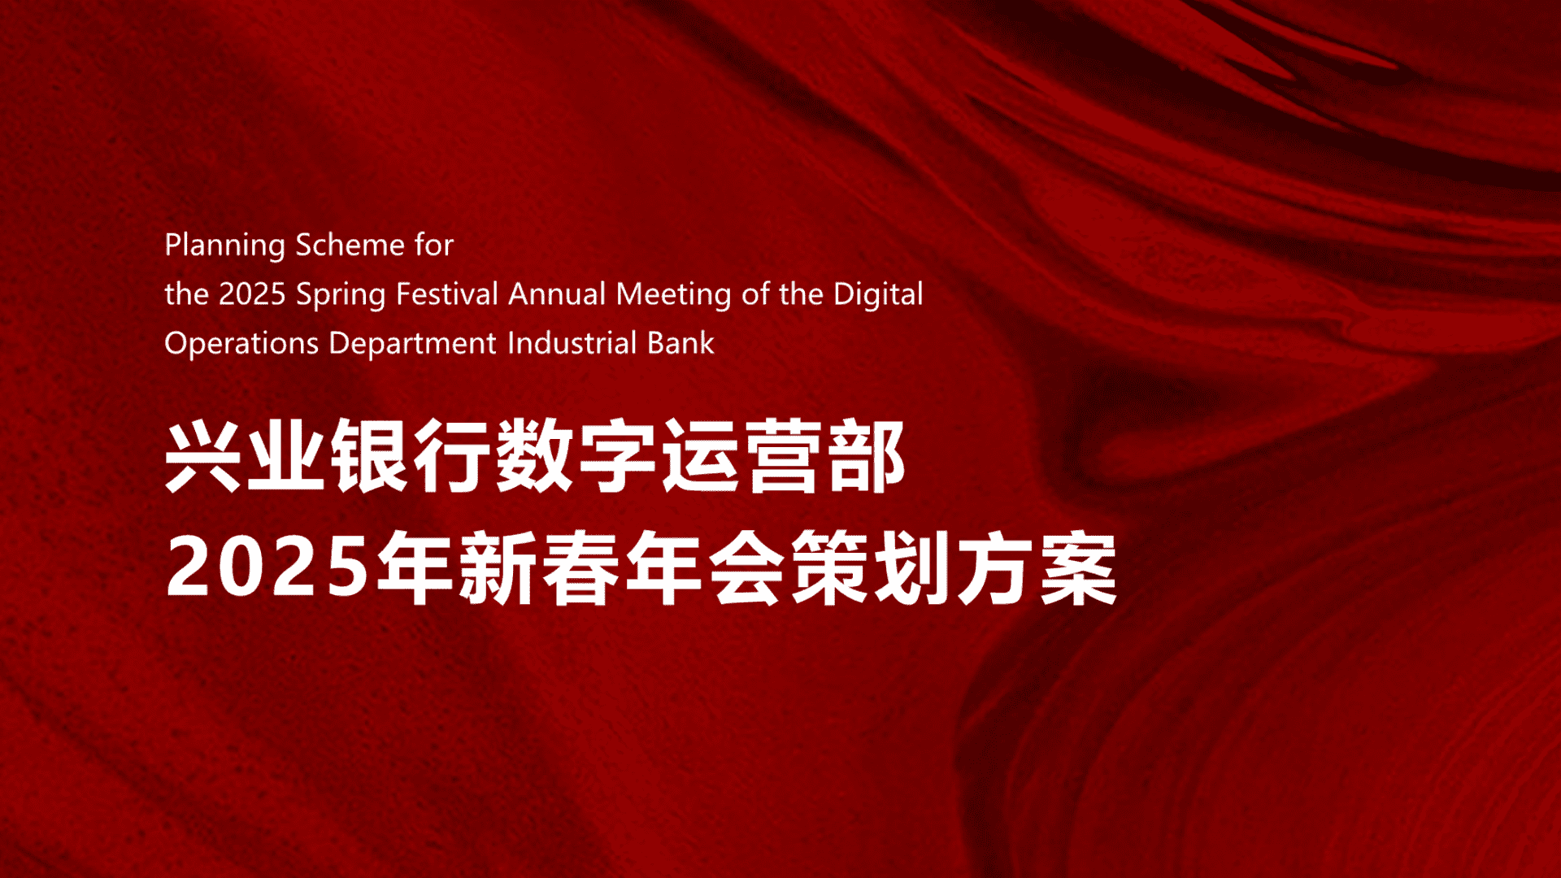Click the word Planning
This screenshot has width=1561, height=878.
224,246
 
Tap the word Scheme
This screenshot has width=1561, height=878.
350,245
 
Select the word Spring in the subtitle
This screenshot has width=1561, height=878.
341,294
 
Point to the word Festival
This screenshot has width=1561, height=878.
446,293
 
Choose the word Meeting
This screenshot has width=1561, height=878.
673,294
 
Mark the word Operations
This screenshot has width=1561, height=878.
241,344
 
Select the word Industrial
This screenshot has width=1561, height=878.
572,343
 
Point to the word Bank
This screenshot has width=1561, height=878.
680,343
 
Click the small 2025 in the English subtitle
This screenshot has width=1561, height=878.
252,294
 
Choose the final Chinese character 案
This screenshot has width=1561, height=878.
1079,567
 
